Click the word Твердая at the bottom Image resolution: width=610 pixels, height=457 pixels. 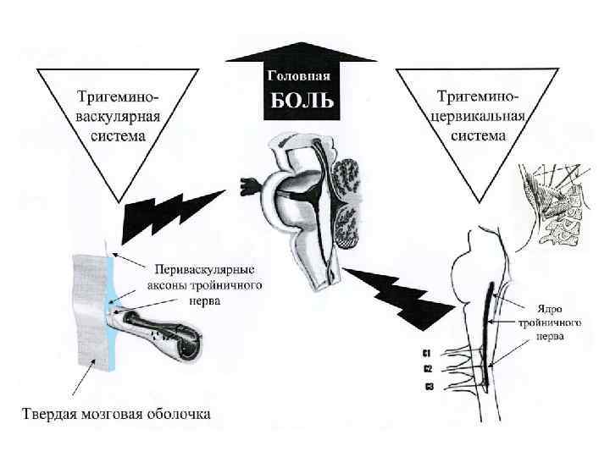52,414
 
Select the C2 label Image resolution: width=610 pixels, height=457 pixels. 428,369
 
